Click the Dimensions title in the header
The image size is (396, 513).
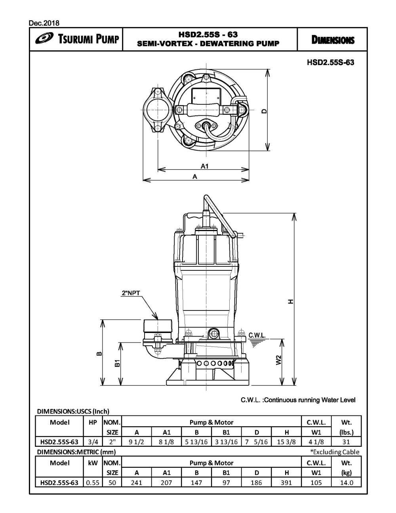pos(332,40)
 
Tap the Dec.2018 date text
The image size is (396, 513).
pos(44,23)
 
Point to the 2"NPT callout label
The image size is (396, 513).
pos(131,294)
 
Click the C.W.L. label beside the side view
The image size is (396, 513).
pos(257,335)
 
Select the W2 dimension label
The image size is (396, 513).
pos(279,360)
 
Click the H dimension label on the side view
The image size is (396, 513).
pos(291,302)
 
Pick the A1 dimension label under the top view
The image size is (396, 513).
pos(204,167)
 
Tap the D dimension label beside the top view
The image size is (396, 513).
pos(264,111)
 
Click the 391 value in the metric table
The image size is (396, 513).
pos(286,482)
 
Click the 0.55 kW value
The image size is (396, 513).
pos(93,482)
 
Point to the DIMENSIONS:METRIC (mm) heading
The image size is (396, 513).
pos(76,452)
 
